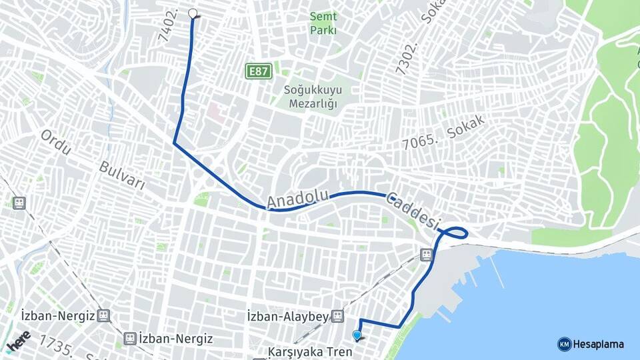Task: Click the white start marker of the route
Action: (193, 13)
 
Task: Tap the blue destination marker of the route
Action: (357, 335)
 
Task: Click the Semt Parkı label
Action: (323, 23)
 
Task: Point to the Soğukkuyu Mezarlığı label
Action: (311, 97)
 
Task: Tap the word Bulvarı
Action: (122, 175)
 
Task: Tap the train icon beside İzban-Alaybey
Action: (338, 316)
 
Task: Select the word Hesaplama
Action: (598, 344)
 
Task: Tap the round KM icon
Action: (564, 344)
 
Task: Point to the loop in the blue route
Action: (455, 233)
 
